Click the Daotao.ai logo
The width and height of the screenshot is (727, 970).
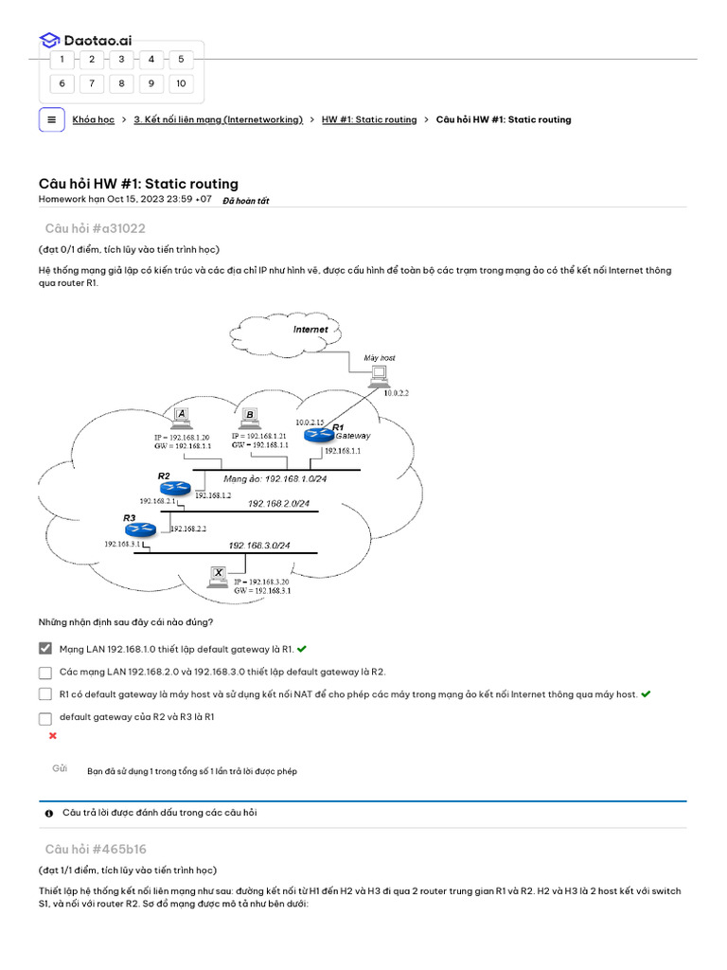85,40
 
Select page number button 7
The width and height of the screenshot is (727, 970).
92,83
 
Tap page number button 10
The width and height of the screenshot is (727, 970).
180,83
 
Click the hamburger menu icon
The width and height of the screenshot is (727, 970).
52,119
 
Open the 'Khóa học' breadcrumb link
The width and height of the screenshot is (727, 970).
93,120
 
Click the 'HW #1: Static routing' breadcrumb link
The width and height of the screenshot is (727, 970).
369,120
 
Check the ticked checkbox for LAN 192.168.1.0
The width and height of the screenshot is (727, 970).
45,649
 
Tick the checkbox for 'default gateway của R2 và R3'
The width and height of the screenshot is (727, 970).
45,718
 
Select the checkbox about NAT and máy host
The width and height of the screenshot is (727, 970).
45,694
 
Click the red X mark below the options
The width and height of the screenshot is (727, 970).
52,736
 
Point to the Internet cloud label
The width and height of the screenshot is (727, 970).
310,330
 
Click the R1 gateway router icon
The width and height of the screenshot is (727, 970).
317,435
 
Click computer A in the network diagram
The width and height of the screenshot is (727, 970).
182,416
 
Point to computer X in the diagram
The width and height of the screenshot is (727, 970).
218,575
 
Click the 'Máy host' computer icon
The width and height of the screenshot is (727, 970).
380,375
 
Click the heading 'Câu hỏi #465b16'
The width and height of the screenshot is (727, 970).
96,849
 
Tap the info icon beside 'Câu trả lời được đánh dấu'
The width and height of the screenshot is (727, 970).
49,813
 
